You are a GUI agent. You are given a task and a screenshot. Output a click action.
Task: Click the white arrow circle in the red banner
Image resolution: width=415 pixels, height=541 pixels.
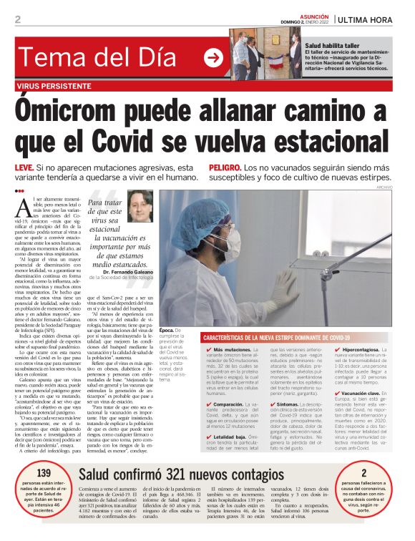pyautogui.click(x=213, y=58)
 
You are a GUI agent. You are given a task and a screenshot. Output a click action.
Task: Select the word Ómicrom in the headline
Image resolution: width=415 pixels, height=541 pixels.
pyautogui.click(x=97, y=112)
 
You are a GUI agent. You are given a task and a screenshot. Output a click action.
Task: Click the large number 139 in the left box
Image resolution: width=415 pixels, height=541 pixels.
pyautogui.click(x=44, y=473)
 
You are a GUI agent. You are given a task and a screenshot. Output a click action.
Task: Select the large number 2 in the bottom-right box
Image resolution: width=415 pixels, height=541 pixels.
pyautogui.click(x=363, y=473)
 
